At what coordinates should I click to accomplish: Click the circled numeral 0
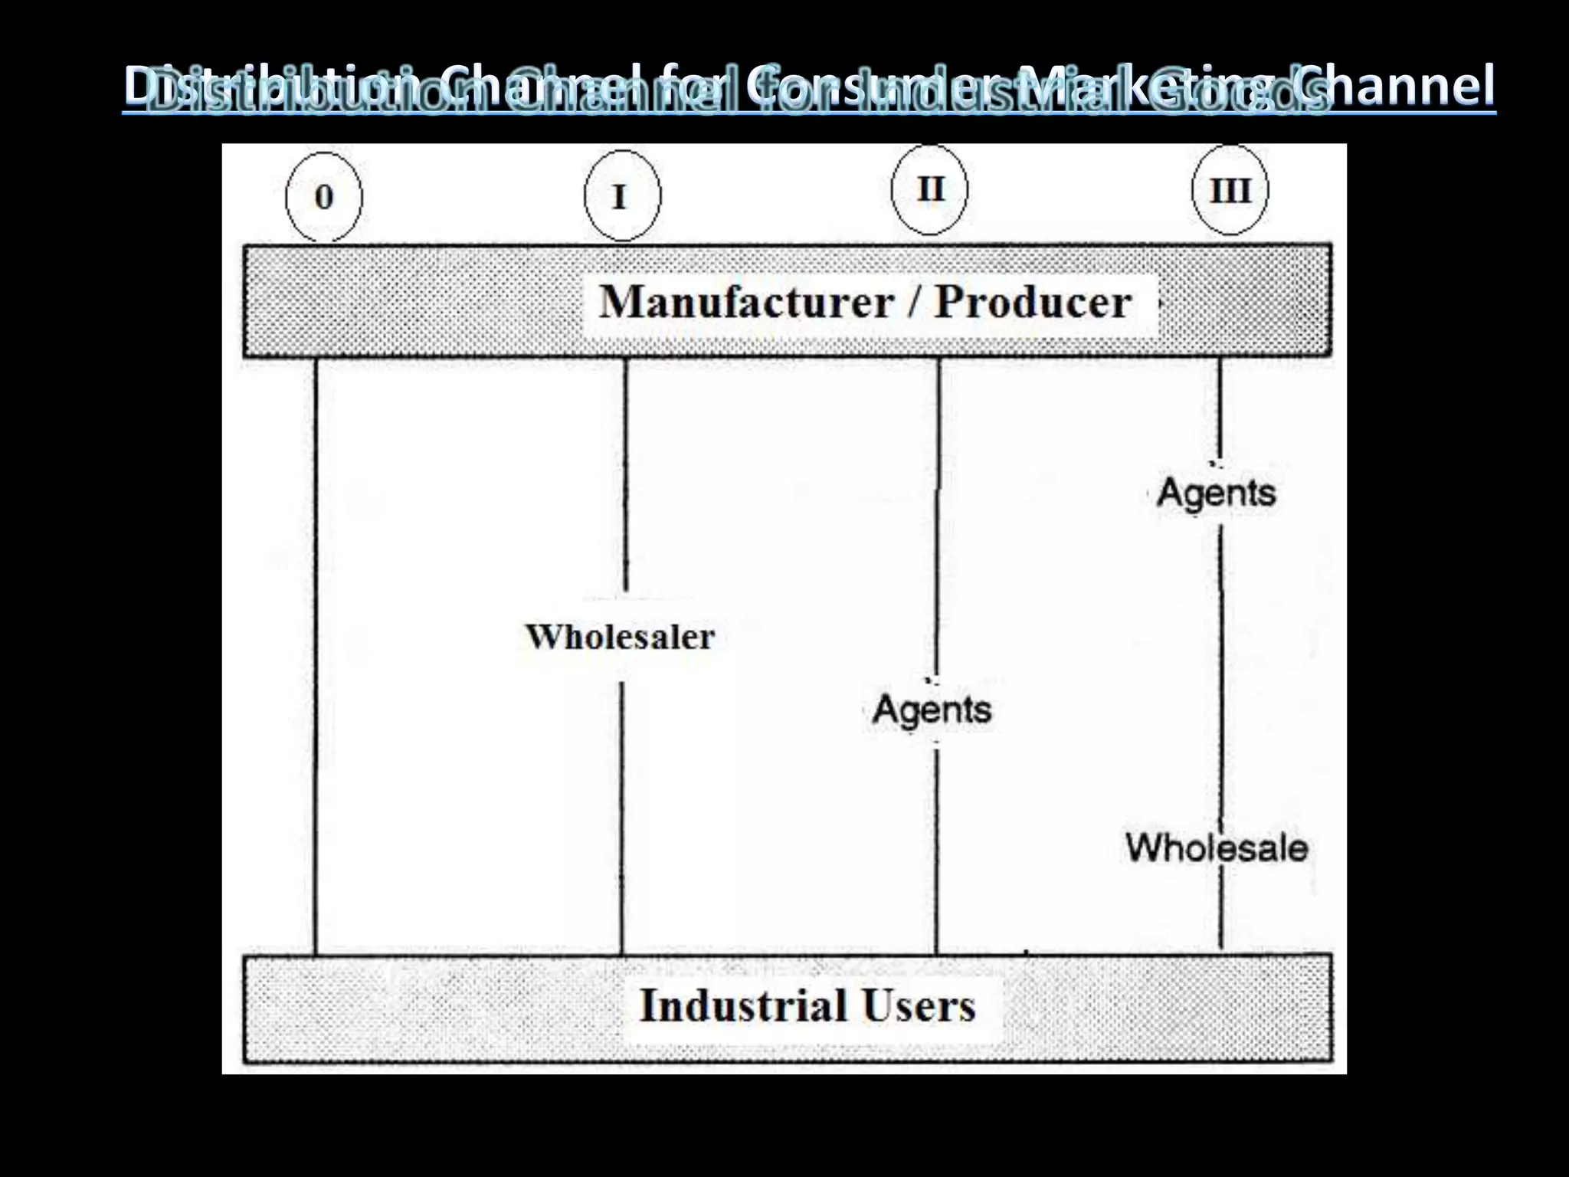tap(323, 197)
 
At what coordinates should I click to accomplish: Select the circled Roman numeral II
tap(930, 189)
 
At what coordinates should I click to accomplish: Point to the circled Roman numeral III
tap(1230, 191)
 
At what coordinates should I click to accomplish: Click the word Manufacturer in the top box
tap(746, 302)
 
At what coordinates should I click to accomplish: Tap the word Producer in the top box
tap(1033, 302)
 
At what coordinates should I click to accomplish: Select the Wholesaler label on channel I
tap(620, 637)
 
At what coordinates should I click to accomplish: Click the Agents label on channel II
tap(932, 710)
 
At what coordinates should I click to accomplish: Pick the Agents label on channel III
tap(1216, 492)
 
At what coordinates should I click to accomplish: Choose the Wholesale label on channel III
tap(1216, 848)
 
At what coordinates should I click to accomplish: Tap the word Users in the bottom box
tap(919, 1005)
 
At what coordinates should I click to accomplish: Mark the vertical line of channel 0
tap(316, 651)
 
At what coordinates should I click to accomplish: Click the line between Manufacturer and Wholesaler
tap(625, 475)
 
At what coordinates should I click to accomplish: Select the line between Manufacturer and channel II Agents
tap(938, 521)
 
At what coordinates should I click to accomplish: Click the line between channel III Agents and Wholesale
tap(1220, 667)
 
